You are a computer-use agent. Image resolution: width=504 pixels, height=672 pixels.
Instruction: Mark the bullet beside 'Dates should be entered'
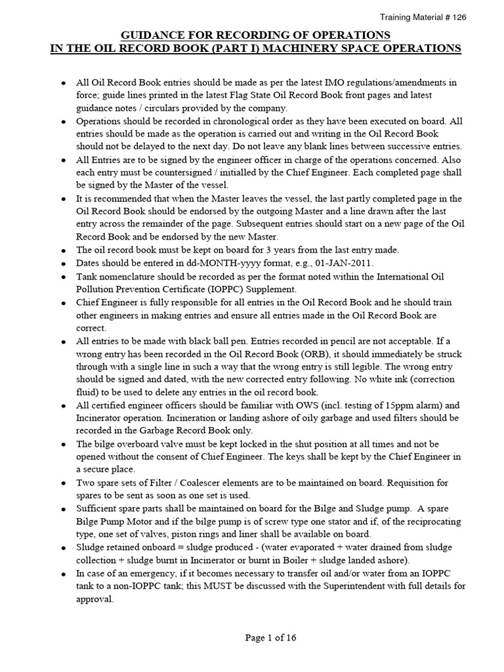pos(62,263)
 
